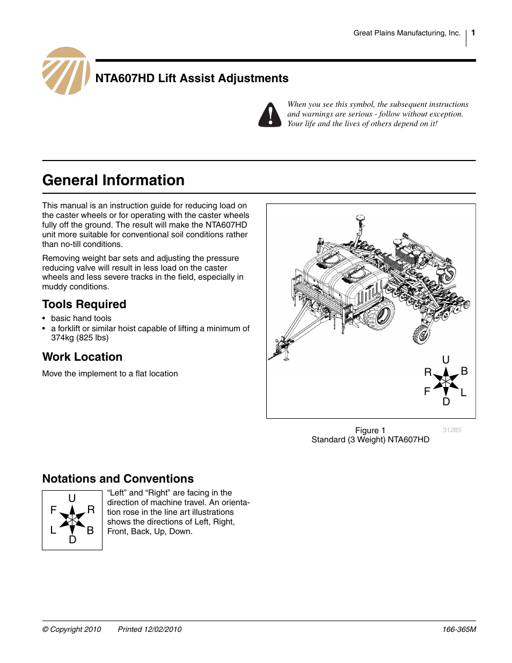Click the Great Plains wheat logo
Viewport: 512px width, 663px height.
[x=66, y=71]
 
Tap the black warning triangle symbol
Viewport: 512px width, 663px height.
[x=270, y=115]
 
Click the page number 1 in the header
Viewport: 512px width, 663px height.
[x=473, y=33]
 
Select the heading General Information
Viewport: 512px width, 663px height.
[x=113, y=180]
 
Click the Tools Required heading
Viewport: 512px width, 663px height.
[x=84, y=304]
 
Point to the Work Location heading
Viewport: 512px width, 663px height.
[x=82, y=357]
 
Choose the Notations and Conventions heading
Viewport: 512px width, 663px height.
[x=118, y=479]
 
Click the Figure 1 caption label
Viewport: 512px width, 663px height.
[x=370, y=431]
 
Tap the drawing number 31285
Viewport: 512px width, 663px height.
[x=452, y=430]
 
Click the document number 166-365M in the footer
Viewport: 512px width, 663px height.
[x=459, y=629]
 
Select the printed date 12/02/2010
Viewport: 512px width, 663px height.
[x=150, y=629]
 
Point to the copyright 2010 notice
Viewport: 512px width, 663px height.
[x=71, y=629]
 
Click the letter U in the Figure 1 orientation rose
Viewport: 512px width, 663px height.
[x=446, y=360]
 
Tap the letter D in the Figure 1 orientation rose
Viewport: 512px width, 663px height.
[x=446, y=402]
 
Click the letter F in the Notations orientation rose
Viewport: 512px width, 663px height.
[x=54, y=510]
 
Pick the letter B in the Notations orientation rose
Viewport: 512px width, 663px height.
[x=90, y=530]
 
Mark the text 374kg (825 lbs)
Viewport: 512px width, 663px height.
[x=80, y=338]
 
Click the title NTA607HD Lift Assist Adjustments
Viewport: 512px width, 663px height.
[x=192, y=78]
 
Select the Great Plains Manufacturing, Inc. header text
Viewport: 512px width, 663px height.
[x=407, y=33]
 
